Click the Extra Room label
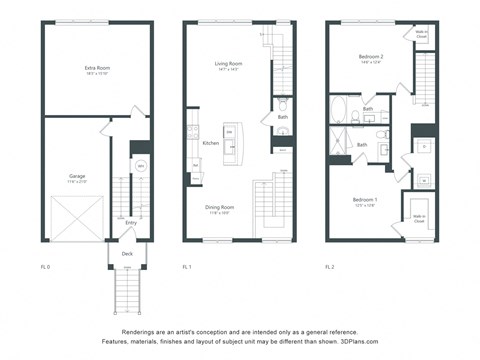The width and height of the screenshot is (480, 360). (96, 68)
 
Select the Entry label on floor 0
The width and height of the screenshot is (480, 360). (130, 222)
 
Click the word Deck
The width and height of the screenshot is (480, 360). (126, 254)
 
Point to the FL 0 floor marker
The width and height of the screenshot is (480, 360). (45, 267)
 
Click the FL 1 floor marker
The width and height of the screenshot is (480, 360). (187, 267)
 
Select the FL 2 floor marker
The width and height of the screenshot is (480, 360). (330, 267)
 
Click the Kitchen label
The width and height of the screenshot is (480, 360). (211, 143)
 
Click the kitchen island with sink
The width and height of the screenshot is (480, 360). (230, 142)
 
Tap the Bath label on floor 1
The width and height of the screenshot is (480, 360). (282, 117)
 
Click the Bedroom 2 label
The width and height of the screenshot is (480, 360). (372, 58)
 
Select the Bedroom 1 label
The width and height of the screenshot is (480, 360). (364, 201)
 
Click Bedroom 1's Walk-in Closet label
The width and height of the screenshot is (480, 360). (417, 217)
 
